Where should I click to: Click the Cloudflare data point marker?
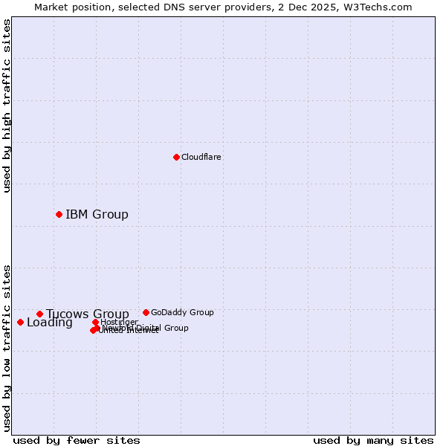[x=176, y=157]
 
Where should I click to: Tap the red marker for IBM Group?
[x=59, y=214]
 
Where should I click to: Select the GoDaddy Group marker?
[x=146, y=312]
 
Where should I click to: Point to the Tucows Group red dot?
[x=39, y=314]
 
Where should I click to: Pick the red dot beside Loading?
[x=20, y=322]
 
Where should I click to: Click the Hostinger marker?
[x=95, y=322]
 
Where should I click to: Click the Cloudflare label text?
[x=201, y=157]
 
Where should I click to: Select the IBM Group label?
[x=97, y=214]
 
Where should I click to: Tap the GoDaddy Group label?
[x=182, y=312]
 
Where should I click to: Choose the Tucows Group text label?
[x=88, y=314]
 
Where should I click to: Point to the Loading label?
[x=50, y=323]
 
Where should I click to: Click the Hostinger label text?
[x=120, y=321]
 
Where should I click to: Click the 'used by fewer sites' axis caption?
[x=77, y=440]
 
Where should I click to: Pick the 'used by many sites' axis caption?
[x=373, y=440]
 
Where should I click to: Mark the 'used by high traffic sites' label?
[x=7, y=106]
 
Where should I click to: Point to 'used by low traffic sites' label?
[x=7, y=348]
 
